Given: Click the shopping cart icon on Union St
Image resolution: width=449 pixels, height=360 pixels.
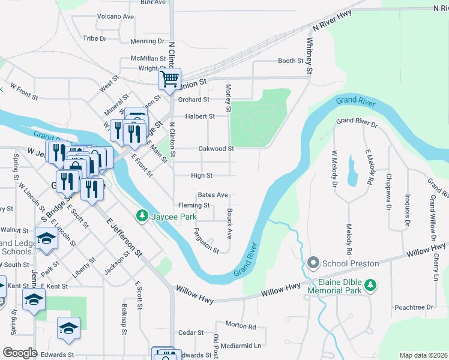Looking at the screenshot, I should pyautogui.click(x=170, y=78).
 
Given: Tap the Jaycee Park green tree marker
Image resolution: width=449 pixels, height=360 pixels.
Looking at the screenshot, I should pyautogui.click(x=142, y=214).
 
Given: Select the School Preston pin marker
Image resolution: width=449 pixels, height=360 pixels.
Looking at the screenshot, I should pyautogui.click(x=313, y=263).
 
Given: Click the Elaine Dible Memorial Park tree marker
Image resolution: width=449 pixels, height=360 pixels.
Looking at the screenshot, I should pyautogui.click(x=372, y=284).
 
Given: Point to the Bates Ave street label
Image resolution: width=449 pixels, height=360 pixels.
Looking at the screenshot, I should pyautogui.click(x=212, y=195).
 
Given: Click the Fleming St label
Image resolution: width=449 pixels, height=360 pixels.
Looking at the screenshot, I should pyautogui.click(x=193, y=205).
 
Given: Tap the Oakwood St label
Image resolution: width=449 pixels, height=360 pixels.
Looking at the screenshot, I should pyautogui.click(x=215, y=149).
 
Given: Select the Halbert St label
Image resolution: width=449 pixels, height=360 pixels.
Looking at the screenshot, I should pyautogui.click(x=200, y=116).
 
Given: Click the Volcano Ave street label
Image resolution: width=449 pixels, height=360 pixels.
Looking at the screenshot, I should pyautogui.click(x=115, y=16).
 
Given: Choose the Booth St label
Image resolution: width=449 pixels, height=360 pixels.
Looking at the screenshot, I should pyautogui.click(x=291, y=61).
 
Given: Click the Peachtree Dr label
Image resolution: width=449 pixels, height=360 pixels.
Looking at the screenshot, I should pyautogui.click(x=414, y=307).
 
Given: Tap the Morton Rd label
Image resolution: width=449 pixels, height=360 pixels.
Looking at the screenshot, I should pyautogui.click(x=241, y=326).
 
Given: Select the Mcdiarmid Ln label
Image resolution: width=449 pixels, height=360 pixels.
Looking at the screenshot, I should pyautogui.click(x=241, y=346).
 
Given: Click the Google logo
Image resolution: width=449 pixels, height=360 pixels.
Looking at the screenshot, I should pyautogui.click(x=20, y=353).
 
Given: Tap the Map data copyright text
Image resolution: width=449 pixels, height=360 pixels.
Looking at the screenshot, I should pyautogui.click(x=423, y=355).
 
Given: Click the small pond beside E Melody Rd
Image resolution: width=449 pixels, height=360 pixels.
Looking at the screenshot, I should pyautogui.click(x=351, y=176).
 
